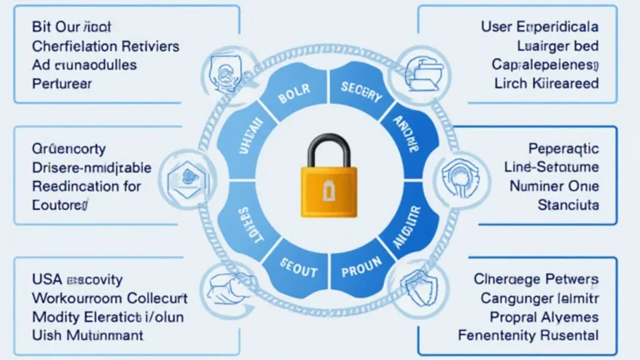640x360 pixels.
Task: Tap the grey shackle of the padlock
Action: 328,150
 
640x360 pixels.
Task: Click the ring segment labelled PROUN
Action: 361,269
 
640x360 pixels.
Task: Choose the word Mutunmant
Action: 104,335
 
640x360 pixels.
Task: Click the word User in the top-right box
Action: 497,27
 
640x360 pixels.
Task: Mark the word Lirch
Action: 512,82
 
